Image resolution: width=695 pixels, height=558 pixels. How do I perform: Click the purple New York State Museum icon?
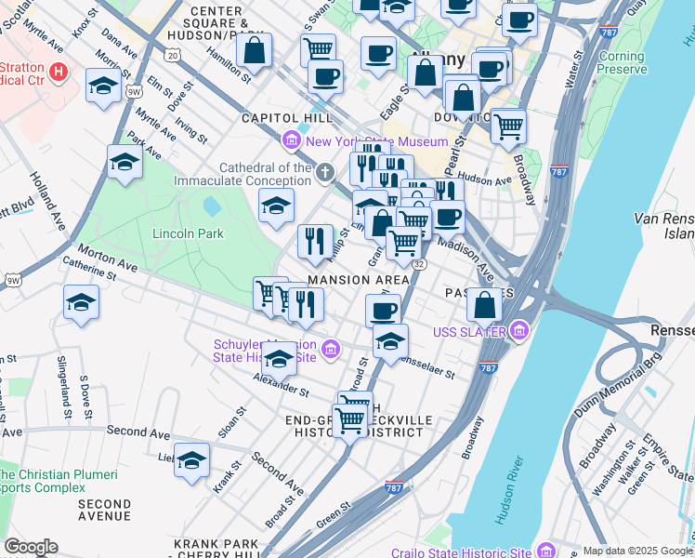(x=292, y=142)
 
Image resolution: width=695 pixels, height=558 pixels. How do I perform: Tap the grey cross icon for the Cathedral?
(x=325, y=173)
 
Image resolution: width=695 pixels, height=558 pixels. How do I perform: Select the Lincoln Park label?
(x=188, y=233)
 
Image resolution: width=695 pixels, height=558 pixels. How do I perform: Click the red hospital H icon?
(x=59, y=71)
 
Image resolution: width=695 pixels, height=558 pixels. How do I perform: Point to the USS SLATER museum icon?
(x=518, y=331)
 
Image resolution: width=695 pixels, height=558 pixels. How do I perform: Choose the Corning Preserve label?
(x=622, y=62)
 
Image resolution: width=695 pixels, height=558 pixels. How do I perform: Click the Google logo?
(x=31, y=547)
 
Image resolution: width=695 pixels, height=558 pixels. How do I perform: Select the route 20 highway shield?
(x=173, y=56)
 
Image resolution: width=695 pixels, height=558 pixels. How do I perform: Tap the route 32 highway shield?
(x=420, y=265)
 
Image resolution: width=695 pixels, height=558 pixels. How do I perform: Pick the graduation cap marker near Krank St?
(x=192, y=460)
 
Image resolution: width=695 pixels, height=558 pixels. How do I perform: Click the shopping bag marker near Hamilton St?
(x=255, y=51)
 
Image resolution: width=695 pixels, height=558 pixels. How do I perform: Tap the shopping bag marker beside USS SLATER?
(x=485, y=304)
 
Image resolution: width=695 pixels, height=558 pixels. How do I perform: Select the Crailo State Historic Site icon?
(x=547, y=549)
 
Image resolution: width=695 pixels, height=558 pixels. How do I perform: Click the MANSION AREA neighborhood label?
(x=359, y=280)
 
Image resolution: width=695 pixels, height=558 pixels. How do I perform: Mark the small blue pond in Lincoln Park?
(x=211, y=206)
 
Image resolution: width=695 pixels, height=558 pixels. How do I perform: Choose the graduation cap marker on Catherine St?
(x=82, y=303)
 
